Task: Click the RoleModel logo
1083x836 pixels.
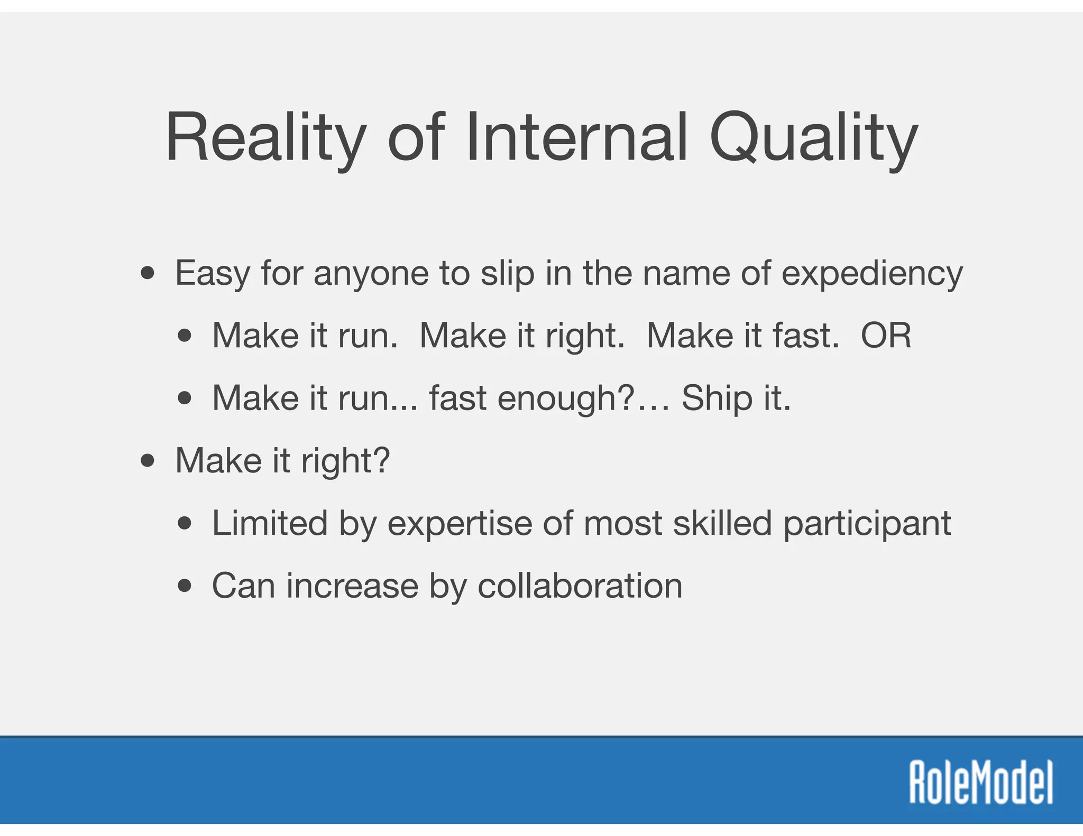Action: pyautogui.click(x=981, y=783)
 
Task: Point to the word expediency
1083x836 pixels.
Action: pyautogui.click(x=872, y=274)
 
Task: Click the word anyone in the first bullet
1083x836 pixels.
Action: pyautogui.click(x=371, y=274)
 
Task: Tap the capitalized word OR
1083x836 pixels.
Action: pyautogui.click(x=886, y=336)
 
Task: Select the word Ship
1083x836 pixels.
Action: pyautogui.click(x=717, y=398)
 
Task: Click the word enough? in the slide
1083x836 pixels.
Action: pyautogui.click(x=565, y=398)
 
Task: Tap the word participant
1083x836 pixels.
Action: pyautogui.click(x=867, y=524)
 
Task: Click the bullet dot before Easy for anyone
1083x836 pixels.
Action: pyautogui.click(x=148, y=274)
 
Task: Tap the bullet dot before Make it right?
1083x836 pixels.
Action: pyautogui.click(x=148, y=461)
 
